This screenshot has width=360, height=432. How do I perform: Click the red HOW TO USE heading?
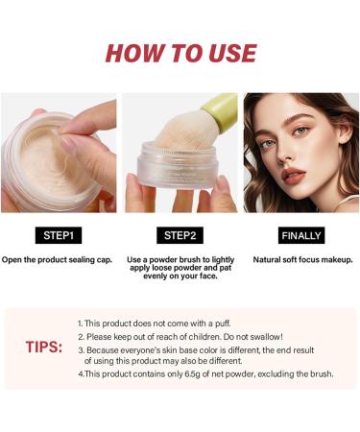tap(180, 54)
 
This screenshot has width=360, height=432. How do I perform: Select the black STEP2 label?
tap(180, 234)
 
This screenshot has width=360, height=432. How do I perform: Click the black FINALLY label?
tap(301, 234)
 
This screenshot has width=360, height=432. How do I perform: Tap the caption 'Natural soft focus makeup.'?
tap(301, 259)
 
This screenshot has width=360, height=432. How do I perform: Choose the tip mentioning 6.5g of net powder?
tap(205, 373)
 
